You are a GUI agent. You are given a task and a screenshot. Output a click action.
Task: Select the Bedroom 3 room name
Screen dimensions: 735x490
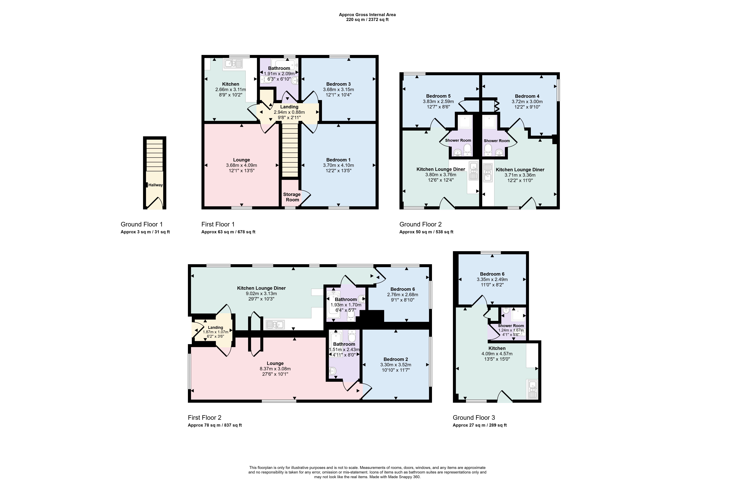pyautogui.click(x=338, y=84)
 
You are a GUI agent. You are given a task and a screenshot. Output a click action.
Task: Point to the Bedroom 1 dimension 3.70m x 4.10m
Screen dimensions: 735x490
pyautogui.click(x=338, y=165)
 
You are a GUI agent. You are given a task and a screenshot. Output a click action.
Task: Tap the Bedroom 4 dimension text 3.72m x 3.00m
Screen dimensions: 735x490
pyautogui.click(x=527, y=102)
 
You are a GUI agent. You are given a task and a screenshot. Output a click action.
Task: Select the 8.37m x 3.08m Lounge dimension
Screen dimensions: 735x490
pyautogui.click(x=275, y=369)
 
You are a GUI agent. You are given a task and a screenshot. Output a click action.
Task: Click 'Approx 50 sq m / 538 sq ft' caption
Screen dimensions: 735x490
pyautogui.click(x=426, y=232)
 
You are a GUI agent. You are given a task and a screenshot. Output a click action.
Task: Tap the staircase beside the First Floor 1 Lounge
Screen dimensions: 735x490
pyautogui.click(x=290, y=150)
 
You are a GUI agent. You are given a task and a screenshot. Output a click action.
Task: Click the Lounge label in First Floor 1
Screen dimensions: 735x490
pyautogui.click(x=242, y=160)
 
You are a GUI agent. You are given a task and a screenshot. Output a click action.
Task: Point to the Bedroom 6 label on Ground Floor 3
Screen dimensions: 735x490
pyautogui.click(x=492, y=274)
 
